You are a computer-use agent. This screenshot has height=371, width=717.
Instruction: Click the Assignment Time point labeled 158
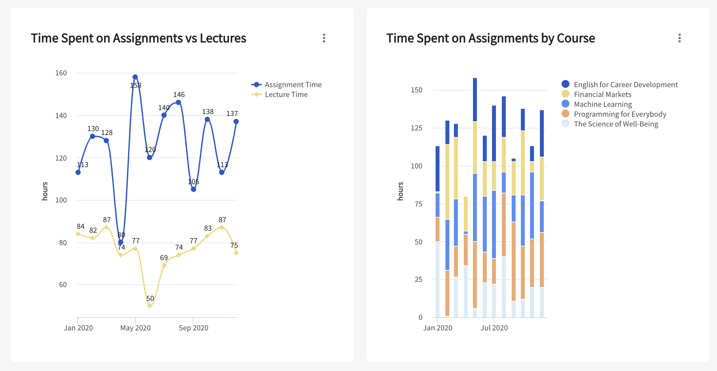pyautogui.click(x=135, y=77)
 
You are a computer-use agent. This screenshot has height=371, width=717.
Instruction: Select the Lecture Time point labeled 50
pyautogui.click(x=150, y=306)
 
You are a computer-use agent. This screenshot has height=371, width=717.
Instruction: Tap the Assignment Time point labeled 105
pyautogui.click(x=194, y=189)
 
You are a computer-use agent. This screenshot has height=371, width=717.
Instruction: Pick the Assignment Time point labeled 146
pyautogui.click(x=178, y=102)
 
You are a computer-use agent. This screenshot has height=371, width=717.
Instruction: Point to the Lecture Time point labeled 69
pyautogui.click(x=164, y=265)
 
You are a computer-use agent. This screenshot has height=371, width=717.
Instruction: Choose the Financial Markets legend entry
pyautogui.click(x=602, y=94)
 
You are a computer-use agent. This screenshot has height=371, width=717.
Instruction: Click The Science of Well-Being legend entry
pyautogui.click(x=616, y=124)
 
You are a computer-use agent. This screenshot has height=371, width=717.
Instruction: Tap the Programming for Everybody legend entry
pyautogui.click(x=620, y=114)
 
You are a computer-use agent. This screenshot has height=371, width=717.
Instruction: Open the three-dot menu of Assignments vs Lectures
pyautogui.click(x=324, y=38)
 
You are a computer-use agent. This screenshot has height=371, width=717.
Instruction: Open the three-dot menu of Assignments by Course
pyautogui.click(x=680, y=38)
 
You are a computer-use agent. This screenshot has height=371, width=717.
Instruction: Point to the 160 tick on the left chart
pyautogui.click(x=61, y=73)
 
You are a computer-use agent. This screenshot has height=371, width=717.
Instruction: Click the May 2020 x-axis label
pyautogui.click(x=135, y=328)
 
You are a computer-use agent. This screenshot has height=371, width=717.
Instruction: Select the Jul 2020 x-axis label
pyautogui.click(x=494, y=328)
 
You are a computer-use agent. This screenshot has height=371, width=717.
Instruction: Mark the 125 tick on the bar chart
pyautogui.click(x=417, y=128)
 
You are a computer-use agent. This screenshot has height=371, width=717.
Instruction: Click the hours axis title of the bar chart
pyautogui.click(x=400, y=191)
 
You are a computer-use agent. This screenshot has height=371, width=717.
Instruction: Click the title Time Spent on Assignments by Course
pyautogui.click(x=490, y=38)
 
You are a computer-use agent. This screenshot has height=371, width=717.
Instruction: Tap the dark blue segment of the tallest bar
pyautogui.click(x=475, y=100)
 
